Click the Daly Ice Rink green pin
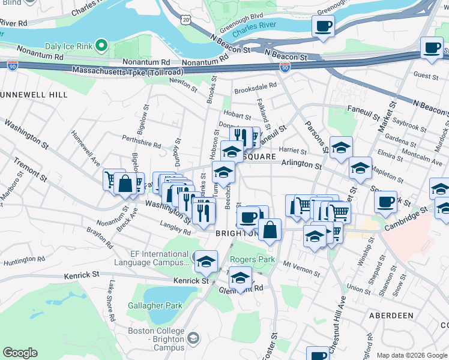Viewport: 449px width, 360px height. (x=103, y=46)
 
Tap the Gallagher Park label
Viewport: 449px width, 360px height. (x=155, y=305)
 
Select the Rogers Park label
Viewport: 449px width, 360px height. (x=252, y=260)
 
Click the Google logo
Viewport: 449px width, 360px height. (x=20, y=353)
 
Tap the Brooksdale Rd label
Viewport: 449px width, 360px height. (x=255, y=86)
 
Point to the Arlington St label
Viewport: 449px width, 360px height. (x=301, y=163)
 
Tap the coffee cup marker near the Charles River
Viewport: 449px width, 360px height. (x=323, y=26)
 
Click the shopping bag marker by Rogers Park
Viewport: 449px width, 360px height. (x=270, y=229)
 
